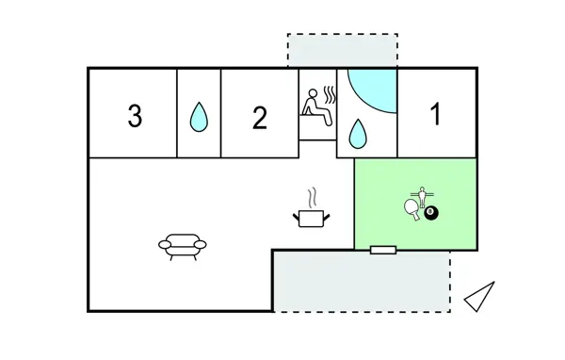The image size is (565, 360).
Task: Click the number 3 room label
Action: [135, 117]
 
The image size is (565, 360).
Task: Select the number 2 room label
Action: [260, 117]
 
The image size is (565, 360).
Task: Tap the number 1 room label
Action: [435, 114]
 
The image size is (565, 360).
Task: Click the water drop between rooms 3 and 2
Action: [199, 117]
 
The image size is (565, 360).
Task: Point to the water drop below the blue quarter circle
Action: [357, 135]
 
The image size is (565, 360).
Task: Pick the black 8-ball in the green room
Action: [430, 215]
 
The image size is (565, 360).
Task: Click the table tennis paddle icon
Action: [412, 207]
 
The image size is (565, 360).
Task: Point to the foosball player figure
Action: [423, 196]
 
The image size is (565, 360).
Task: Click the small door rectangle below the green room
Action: [382, 250]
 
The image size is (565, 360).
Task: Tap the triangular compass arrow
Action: [480, 296]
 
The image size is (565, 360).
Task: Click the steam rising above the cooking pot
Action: [311, 197]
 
